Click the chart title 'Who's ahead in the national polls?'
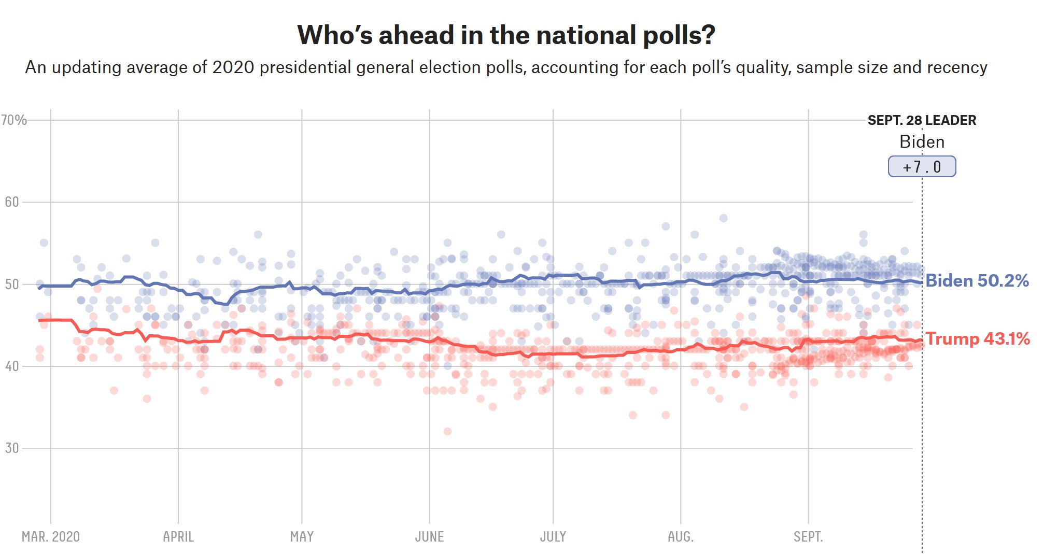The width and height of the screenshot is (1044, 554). [506, 35]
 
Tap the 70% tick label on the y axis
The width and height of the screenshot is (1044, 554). [14, 120]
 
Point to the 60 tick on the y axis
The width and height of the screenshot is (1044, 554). [12, 202]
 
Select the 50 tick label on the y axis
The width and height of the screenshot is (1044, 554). [12, 284]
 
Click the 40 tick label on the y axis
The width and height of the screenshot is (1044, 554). [12, 366]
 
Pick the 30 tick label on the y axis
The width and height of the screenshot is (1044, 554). [12, 448]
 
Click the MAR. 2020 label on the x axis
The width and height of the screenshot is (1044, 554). [51, 536]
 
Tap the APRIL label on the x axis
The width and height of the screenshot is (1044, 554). [178, 536]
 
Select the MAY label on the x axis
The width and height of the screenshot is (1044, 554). [302, 536]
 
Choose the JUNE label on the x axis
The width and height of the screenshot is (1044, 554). [429, 536]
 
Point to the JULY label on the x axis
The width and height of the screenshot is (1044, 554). [553, 536]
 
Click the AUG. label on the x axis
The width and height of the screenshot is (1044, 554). [681, 536]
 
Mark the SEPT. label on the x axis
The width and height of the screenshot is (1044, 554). [808, 536]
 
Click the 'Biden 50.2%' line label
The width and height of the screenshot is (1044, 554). [977, 281]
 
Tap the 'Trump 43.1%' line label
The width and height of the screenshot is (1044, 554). [977, 339]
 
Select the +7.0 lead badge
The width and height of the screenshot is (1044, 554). [922, 167]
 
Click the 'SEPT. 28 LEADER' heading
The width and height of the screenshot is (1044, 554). [922, 120]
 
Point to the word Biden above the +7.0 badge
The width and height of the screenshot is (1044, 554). [922, 142]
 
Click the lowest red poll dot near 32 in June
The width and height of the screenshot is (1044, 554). [447, 431]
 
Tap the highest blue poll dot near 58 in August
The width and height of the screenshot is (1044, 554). [723, 218]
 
